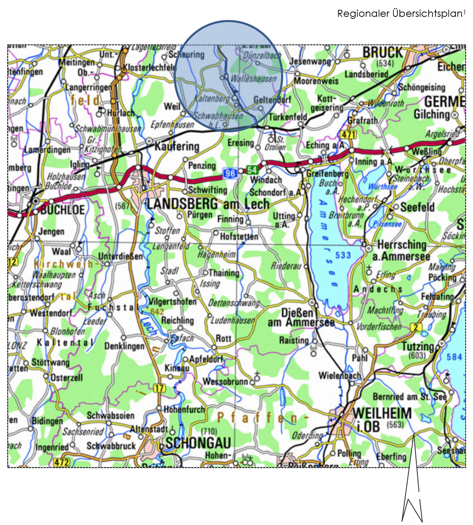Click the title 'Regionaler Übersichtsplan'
pyautogui.click(x=400, y=13)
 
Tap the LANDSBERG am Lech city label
pyautogui.click(x=208, y=204)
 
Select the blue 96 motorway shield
pyautogui.click(x=230, y=173)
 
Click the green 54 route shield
pyautogui.click(x=252, y=170)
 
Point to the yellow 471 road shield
pyautogui.click(x=348, y=135)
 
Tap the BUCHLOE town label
pyautogui.click(x=63, y=210)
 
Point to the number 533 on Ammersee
pyautogui.click(x=343, y=255)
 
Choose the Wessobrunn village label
pyautogui.click(x=225, y=381)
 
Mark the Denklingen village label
pyautogui.click(x=124, y=346)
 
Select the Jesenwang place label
pyautogui.click(x=310, y=61)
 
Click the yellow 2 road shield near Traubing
pyautogui.click(x=416, y=327)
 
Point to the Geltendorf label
pyautogui.click(x=272, y=100)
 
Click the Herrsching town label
pyautogui.click(x=402, y=245)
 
